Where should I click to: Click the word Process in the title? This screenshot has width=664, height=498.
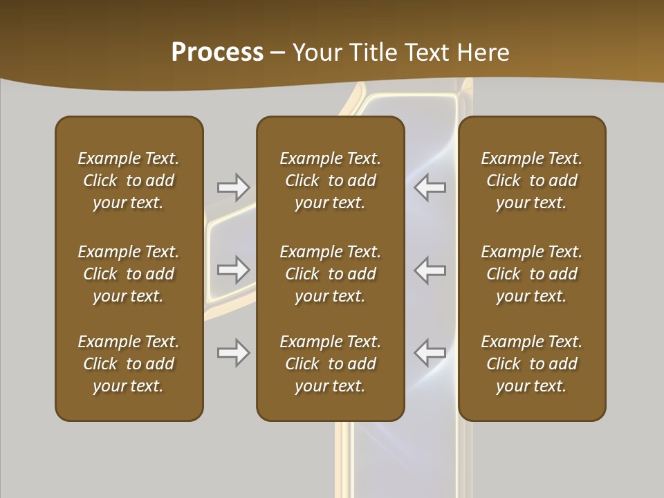[x=217, y=53]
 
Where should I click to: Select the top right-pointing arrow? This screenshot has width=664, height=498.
[x=234, y=186]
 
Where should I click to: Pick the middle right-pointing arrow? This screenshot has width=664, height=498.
[x=234, y=270]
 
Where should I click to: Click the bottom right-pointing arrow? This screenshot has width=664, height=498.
[x=234, y=353]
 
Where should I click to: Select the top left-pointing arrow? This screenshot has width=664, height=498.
[x=430, y=186]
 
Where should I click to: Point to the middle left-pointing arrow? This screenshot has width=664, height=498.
[x=430, y=270]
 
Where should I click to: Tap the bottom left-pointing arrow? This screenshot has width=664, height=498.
[x=430, y=353]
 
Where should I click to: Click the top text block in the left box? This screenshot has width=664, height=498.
[x=129, y=181]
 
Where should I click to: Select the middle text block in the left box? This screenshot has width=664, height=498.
[x=129, y=274]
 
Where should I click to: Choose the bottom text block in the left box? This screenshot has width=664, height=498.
[x=129, y=364]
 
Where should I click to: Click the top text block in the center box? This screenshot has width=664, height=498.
[x=331, y=181]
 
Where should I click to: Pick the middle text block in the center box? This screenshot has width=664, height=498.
[x=331, y=274]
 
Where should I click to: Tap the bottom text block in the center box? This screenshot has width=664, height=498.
[x=331, y=364]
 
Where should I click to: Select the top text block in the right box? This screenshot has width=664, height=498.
[x=532, y=181]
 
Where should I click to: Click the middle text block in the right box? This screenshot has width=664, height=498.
[x=532, y=274]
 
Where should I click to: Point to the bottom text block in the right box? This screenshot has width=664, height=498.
[x=532, y=364]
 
